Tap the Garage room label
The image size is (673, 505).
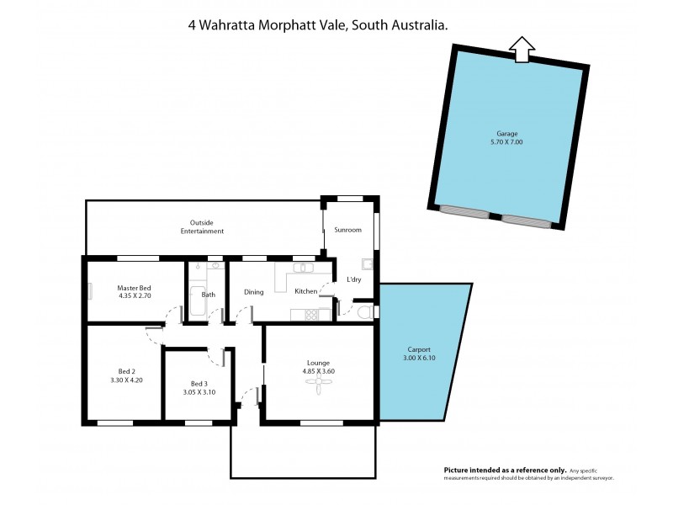(506, 133)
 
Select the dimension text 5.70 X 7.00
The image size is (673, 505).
(506, 142)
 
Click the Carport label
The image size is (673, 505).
(419, 349)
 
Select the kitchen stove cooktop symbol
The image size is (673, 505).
(312, 315)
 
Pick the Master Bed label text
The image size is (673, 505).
(134, 288)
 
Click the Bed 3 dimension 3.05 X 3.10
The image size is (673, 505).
(199, 391)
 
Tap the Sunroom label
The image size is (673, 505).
(347, 229)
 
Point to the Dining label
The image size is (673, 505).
(254, 292)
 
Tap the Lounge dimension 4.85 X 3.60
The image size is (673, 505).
(319, 371)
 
